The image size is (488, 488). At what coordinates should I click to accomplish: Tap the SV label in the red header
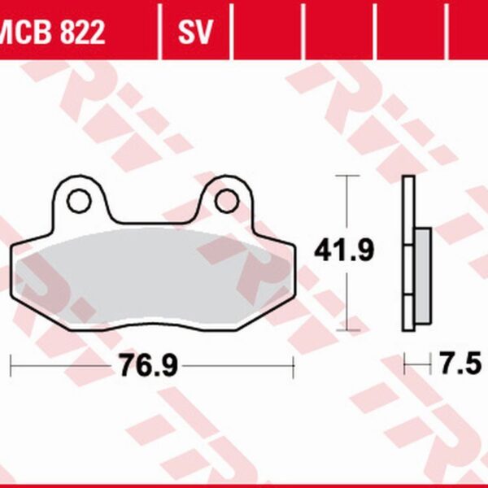click(x=195, y=33)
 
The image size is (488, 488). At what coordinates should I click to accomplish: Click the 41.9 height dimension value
click(x=344, y=252)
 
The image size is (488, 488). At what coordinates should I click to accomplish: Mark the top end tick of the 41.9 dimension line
click(x=347, y=176)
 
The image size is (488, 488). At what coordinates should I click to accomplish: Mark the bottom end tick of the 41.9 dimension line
click(x=347, y=330)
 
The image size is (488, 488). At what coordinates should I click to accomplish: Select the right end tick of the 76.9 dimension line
click(x=293, y=365)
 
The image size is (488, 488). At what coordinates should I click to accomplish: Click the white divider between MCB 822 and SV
click(x=161, y=33)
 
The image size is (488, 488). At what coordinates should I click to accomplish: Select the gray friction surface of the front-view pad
click(x=146, y=277)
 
